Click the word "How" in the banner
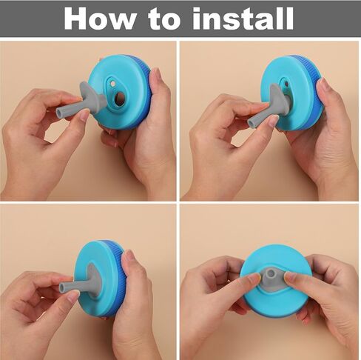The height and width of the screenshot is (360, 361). point(100,19)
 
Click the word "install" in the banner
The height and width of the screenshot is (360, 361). point(243,19)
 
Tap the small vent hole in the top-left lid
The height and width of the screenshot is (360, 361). point(112,84)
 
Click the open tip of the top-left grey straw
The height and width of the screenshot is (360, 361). point(60,113)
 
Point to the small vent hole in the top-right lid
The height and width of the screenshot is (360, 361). point(286,84)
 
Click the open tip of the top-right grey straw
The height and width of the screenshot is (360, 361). point(252,123)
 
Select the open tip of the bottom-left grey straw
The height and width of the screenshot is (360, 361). point(62,287)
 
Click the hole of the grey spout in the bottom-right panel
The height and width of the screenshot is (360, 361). point(271,273)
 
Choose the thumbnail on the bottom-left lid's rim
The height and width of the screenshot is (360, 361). point(129,255)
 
